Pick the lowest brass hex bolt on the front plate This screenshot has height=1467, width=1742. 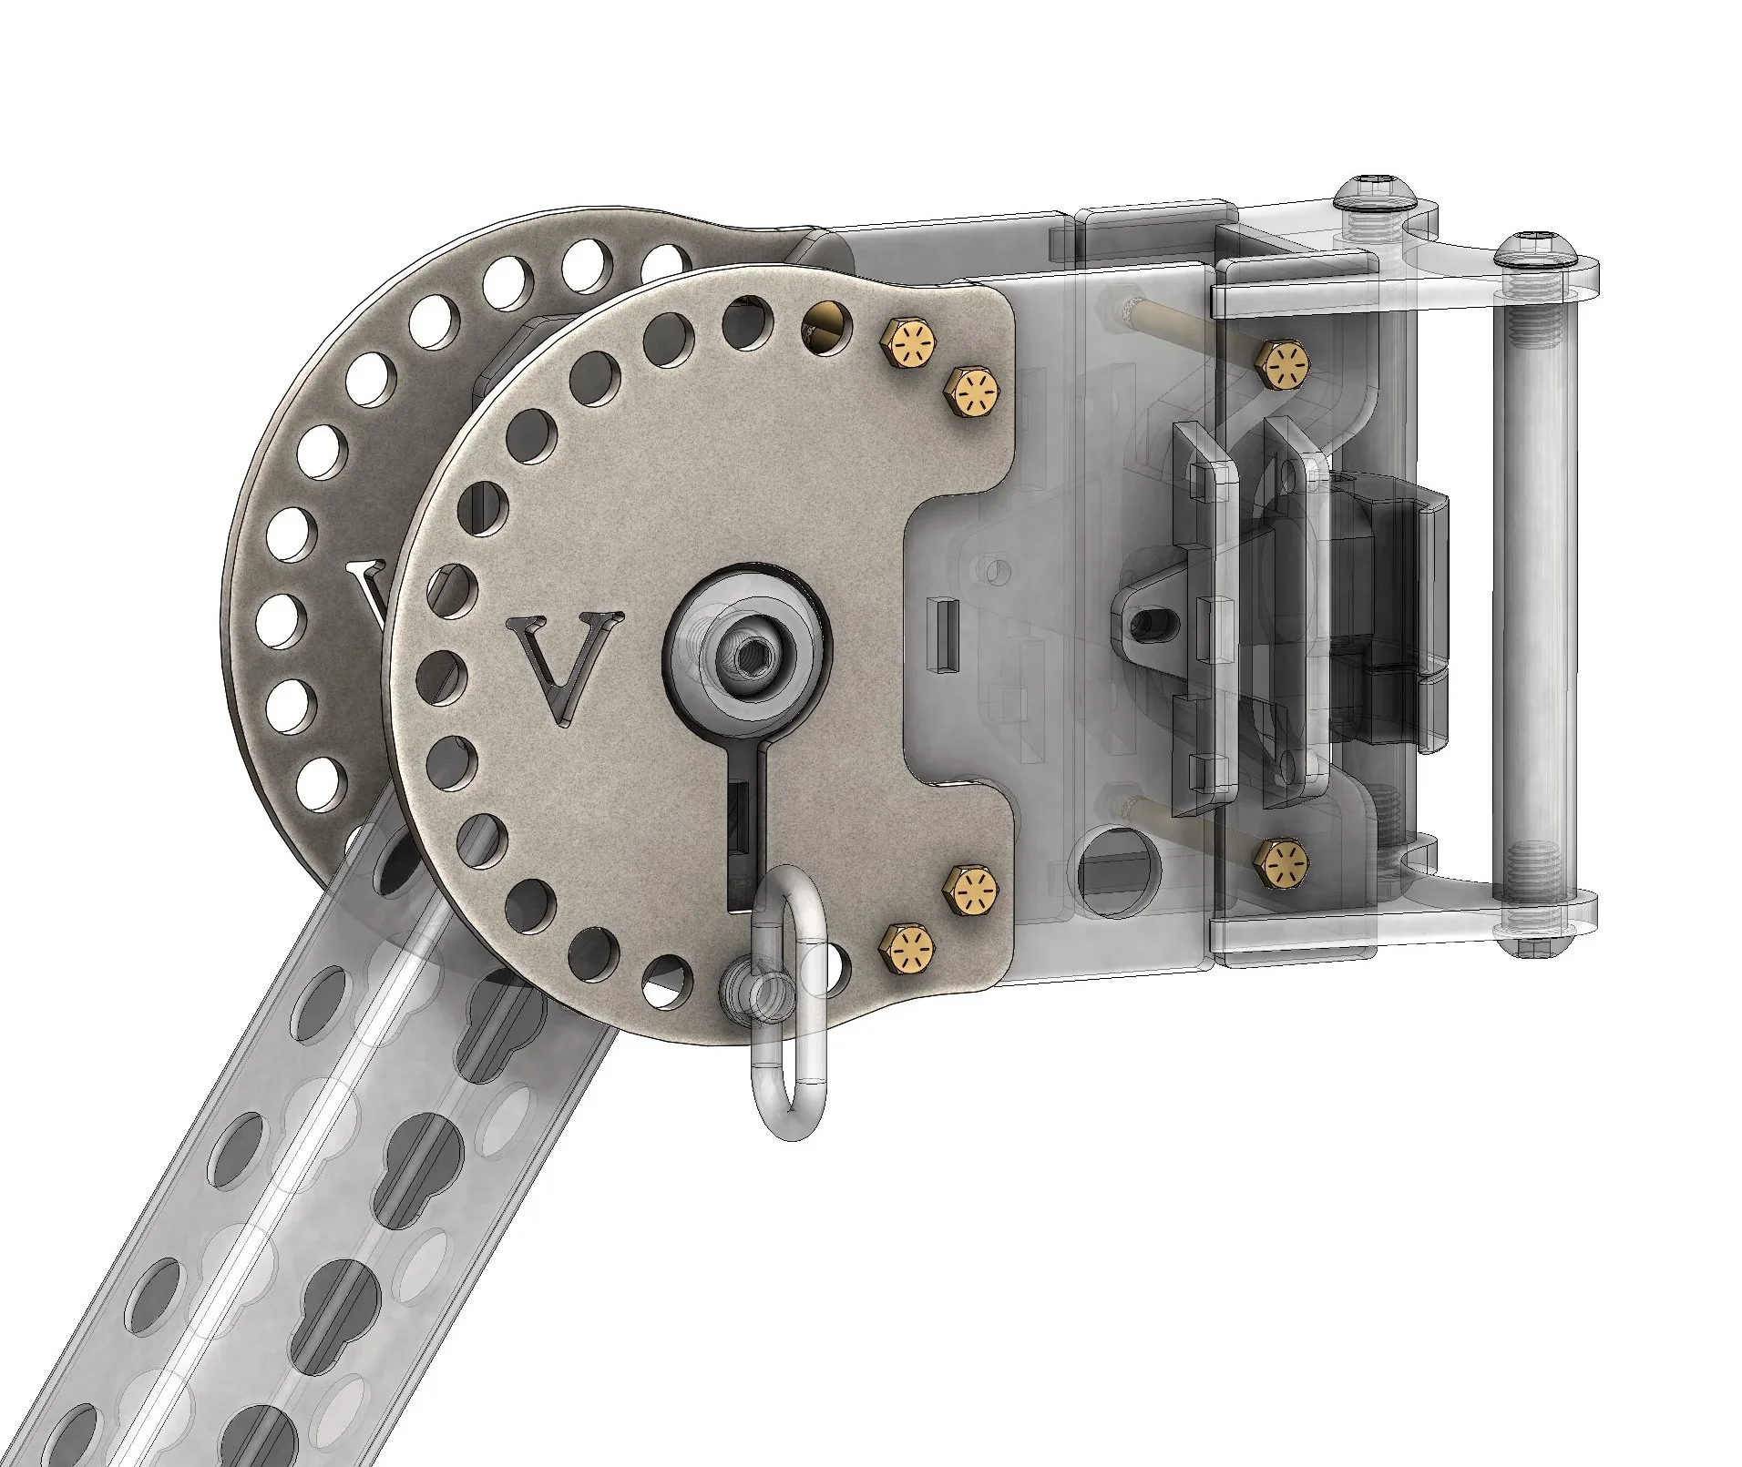pos(907,948)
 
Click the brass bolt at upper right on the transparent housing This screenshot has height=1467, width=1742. pos(1284,365)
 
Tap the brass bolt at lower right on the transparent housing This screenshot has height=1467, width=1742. pos(1284,861)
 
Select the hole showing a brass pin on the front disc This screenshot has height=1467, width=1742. pos(826,329)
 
